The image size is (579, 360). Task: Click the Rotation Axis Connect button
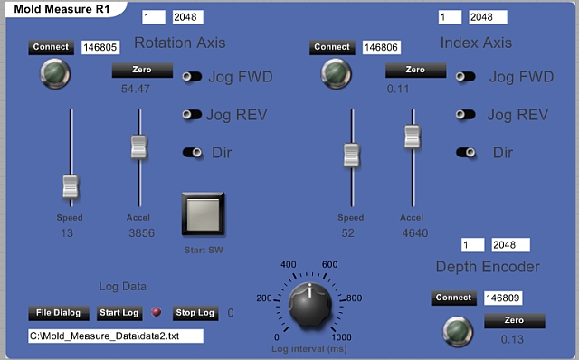click(51, 47)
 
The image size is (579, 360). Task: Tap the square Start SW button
click(203, 213)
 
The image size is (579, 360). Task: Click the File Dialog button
click(59, 313)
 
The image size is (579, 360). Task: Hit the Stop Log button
click(195, 313)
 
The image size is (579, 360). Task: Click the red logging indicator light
click(157, 312)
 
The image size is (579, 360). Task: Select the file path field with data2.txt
click(116, 336)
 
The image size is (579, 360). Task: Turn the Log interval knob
click(309, 305)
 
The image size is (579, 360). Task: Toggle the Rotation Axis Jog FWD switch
click(192, 76)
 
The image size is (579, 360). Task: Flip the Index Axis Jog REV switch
click(465, 115)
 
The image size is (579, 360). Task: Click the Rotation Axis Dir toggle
click(193, 152)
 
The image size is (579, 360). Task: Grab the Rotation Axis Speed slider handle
click(71, 186)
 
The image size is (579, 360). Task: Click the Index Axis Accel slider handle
click(413, 137)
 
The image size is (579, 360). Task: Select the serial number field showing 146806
click(382, 47)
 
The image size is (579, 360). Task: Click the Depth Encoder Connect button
click(453, 298)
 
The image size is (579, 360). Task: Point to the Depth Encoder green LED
click(458, 331)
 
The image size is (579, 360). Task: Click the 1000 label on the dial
click(342, 337)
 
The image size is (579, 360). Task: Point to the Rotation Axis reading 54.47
click(136, 89)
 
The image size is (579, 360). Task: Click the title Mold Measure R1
click(62, 9)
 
